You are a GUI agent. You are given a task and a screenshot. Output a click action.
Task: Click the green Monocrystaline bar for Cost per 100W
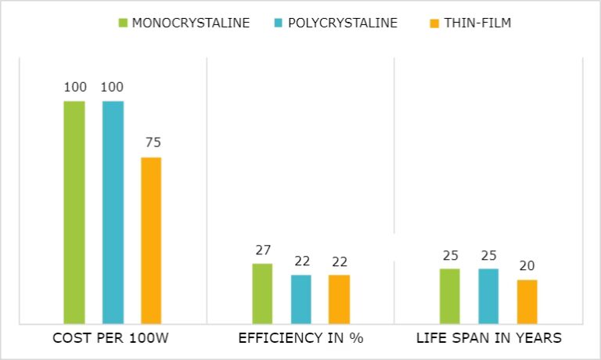point(74,212)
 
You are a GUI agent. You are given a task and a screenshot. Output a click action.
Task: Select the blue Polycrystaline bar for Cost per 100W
point(113,212)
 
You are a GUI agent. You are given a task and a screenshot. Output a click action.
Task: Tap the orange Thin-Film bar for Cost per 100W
point(151,240)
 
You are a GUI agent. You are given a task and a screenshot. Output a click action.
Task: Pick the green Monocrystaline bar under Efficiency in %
point(262,293)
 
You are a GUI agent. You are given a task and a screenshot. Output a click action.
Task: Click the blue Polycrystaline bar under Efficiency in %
point(300,299)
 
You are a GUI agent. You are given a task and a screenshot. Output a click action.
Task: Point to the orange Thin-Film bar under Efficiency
point(339,299)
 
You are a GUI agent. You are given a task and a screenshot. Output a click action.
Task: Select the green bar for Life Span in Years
point(450,296)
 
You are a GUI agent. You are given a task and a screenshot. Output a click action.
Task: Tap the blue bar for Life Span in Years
point(488,296)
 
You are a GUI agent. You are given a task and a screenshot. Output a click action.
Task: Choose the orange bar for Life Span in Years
point(527,301)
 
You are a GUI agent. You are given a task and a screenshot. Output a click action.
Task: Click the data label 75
point(151,143)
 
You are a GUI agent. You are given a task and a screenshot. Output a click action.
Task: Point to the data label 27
point(262,250)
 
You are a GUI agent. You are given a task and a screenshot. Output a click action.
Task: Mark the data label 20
point(527,266)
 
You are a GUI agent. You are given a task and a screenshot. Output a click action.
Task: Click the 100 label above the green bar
point(74,87)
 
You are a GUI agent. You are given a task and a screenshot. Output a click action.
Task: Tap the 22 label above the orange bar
point(339,261)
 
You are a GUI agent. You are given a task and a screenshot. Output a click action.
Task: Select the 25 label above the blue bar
point(488,255)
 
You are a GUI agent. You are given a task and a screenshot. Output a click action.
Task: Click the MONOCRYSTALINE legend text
point(191,23)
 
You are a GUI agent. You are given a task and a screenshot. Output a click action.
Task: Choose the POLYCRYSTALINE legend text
point(343,23)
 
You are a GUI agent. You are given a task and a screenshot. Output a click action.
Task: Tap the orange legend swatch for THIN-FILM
point(432,23)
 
